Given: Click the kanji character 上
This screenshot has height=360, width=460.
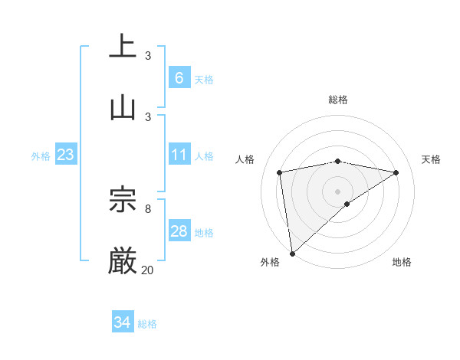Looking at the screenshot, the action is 123,46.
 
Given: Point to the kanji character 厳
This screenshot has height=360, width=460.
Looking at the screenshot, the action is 123,260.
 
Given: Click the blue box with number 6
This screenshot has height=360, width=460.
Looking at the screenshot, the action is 179,77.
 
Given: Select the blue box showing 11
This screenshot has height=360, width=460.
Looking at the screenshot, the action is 179,155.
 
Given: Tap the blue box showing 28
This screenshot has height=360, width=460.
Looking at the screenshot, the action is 179,231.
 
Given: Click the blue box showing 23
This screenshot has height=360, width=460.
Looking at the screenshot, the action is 65,155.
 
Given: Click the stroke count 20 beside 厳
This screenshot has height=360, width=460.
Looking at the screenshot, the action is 147,270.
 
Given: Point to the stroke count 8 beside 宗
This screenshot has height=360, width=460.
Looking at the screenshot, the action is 147,208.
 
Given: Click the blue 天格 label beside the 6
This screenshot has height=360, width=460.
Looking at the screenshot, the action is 204,79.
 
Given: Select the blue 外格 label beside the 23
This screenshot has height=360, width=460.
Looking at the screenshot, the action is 41,156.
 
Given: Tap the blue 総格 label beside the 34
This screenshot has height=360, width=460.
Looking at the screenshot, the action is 147,324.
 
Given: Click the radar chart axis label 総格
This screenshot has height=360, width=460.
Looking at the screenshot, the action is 338,100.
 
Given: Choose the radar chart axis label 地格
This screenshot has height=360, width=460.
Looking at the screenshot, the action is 402,262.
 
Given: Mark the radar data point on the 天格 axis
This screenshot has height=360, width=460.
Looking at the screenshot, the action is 396,172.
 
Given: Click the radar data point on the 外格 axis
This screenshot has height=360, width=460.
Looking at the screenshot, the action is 292,253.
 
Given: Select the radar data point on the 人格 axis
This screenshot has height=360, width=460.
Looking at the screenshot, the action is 280,172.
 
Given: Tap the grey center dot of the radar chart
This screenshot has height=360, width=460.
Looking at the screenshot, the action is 338,190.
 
